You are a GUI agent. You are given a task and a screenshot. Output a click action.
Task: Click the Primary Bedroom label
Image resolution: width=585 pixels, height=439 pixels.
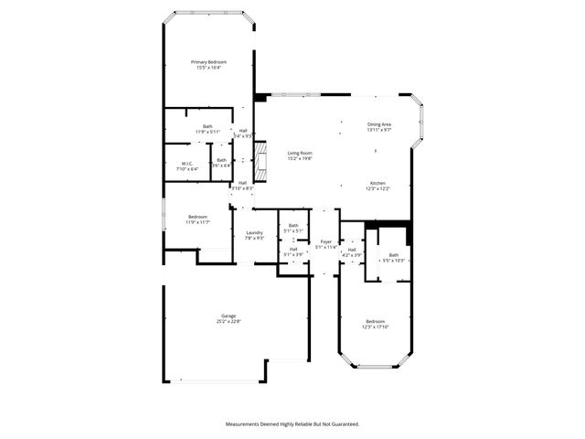pos(208,61)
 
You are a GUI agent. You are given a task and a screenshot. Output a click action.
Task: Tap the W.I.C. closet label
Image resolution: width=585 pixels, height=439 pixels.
pos(186,163)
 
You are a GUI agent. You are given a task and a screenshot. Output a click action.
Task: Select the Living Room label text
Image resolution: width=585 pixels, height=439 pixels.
pos(300,153)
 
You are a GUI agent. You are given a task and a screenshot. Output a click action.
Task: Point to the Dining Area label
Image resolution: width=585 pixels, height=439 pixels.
pos(379,124)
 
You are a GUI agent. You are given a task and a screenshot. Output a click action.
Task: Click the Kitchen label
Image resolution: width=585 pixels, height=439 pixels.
pos(378,183)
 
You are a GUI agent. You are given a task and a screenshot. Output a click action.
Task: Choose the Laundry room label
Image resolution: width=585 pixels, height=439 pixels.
pos(254,232)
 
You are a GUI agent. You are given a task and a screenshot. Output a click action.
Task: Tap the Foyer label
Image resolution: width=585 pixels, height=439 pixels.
pos(326,241)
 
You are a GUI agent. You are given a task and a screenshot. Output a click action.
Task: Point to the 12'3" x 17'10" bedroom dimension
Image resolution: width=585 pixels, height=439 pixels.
pos(376,327)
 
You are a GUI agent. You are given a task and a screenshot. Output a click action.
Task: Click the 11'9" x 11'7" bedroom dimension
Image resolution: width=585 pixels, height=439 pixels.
pos(198,222)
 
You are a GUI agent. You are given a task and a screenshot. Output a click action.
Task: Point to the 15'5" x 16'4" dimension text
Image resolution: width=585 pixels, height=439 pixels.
pos(208,68)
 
